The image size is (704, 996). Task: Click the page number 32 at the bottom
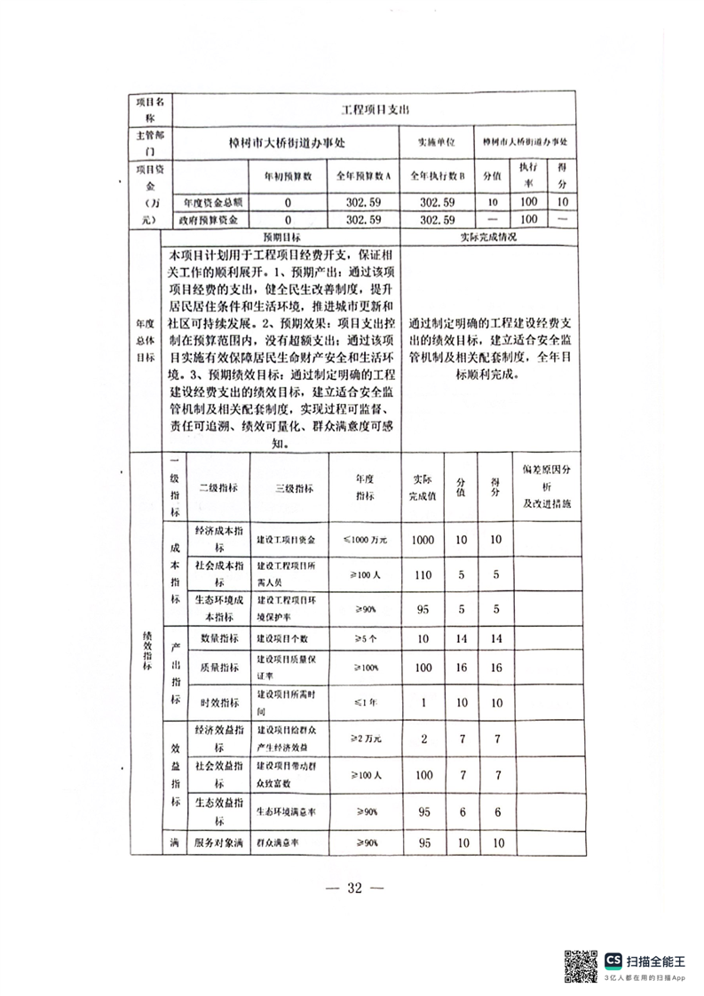354,889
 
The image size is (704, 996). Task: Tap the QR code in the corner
581,966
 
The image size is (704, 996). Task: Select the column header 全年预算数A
363,176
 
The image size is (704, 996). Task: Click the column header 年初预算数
288,176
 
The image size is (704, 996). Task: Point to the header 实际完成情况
487,238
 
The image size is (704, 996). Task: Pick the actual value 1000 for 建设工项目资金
423,539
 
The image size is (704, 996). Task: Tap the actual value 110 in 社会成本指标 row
423,574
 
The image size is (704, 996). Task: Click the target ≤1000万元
363,539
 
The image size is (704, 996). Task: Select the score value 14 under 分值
461,639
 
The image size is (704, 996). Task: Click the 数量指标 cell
218,639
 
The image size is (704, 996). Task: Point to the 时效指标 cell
218,702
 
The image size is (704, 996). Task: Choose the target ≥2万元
363,739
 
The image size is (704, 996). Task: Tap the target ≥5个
363,639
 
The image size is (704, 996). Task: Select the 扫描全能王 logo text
656,960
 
